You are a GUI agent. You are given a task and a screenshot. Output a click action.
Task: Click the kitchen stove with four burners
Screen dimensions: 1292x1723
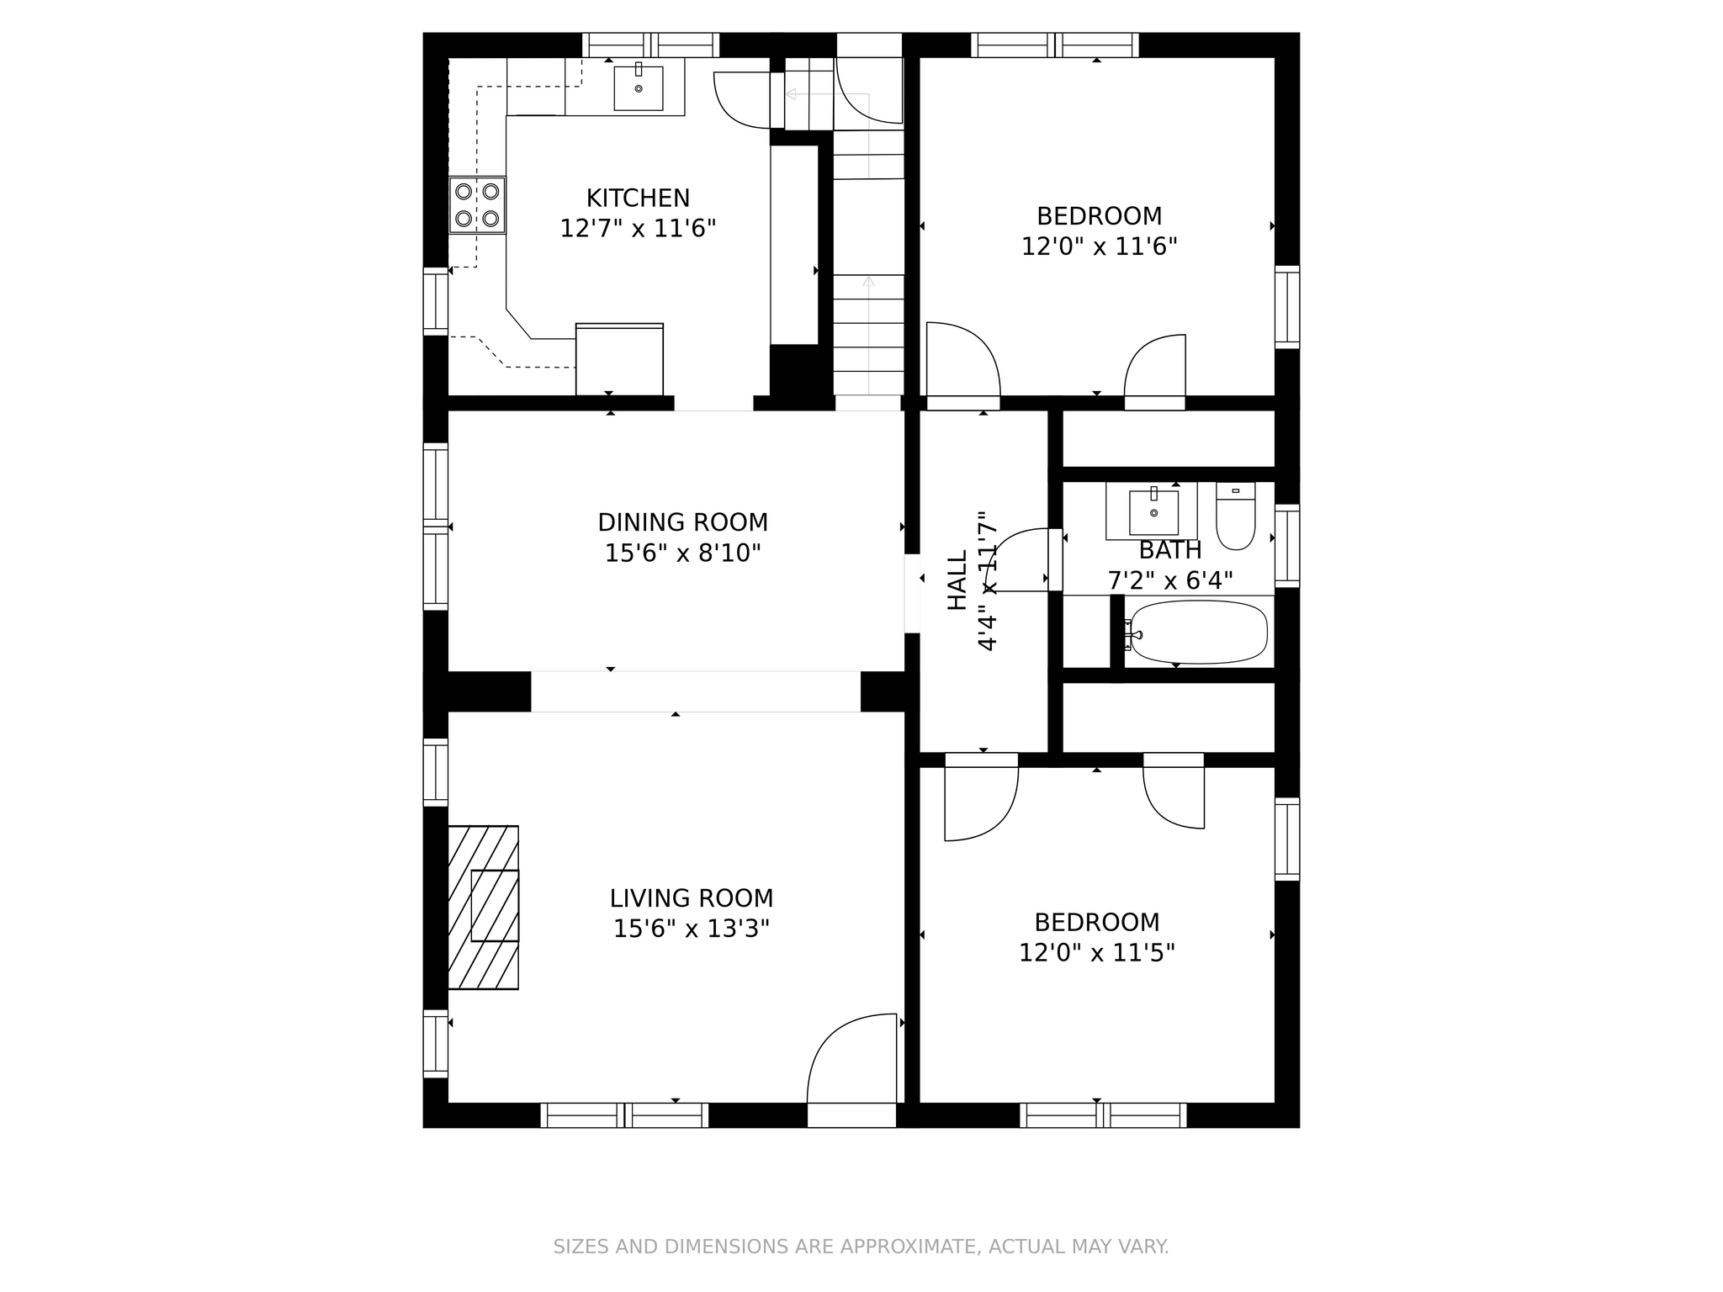[477, 204]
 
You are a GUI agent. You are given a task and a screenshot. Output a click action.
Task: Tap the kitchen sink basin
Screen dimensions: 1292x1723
[638, 88]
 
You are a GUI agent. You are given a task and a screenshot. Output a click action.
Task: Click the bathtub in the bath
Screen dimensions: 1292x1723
[1199, 632]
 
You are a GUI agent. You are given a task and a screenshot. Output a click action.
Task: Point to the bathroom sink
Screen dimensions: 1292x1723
[1153, 511]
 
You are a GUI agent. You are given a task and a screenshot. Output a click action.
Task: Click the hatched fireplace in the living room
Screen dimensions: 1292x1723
[483, 907]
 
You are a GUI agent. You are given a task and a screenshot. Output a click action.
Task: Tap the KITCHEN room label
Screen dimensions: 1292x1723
[638, 199]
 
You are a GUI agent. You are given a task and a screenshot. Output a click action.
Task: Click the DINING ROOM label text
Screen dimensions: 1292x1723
[682, 522]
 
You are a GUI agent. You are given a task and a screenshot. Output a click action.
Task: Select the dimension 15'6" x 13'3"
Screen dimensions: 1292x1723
[691, 929]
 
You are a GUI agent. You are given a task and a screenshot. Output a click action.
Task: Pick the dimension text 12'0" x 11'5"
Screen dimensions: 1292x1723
[1096, 953]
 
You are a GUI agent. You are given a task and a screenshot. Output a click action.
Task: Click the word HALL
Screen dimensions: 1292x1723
[958, 580]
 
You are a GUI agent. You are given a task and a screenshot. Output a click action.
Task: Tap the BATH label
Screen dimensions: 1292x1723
[1169, 551]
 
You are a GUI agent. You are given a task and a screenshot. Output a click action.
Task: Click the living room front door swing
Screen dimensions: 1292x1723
[850, 1060]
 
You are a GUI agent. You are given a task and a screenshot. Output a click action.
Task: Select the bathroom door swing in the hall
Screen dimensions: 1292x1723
[1020, 559]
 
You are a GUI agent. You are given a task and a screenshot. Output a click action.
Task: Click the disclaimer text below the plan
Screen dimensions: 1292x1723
[861, 1247]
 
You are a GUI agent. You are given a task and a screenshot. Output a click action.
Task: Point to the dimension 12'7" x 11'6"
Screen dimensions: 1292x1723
[638, 229]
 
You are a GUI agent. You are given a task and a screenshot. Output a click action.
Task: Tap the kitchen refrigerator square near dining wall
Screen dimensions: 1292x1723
[619, 359]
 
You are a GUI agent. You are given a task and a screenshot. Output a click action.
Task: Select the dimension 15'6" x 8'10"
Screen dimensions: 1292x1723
[682, 553]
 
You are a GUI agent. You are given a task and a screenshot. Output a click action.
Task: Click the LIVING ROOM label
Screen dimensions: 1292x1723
[691, 898]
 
